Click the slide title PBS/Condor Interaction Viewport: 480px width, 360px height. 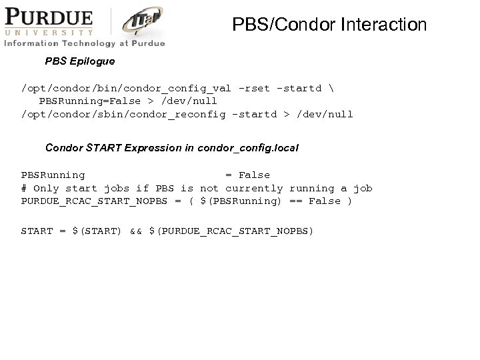[x=329, y=25]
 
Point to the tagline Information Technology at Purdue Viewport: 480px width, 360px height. [x=84, y=43]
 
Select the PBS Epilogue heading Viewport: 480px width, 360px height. [x=80, y=61]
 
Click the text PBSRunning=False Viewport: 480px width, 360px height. [x=90, y=101]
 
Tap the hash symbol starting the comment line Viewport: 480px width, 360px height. [x=24, y=188]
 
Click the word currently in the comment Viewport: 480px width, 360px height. [x=254, y=188]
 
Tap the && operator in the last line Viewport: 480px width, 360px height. [x=135, y=231]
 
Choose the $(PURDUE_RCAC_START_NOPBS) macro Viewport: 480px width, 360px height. [x=231, y=231]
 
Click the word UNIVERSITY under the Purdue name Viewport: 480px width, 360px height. [x=47, y=31]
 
